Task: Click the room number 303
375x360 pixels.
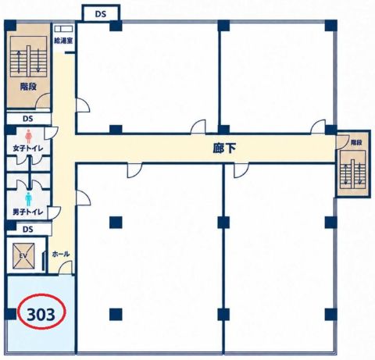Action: point(41,315)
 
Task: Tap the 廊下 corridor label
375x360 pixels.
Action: point(224,148)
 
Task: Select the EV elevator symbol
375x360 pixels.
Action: point(23,256)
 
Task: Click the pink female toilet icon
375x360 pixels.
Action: point(28,137)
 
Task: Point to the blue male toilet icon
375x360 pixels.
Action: point(28,199)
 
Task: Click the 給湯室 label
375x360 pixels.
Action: point(63,41)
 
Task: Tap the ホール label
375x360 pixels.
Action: point(61,254)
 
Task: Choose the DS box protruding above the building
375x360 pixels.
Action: point(101,14)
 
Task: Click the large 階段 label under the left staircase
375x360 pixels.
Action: point(28,87)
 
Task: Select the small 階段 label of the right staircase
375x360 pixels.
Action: point(356,143)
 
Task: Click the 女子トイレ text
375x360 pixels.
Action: point(28,148)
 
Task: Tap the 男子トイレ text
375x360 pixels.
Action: point(28,212)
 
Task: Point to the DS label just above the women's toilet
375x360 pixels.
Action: point(28,119)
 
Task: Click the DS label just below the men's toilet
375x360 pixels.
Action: point(28,230)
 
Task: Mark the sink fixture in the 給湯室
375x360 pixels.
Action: point(63,29)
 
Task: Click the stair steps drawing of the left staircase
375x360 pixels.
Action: point(28,57)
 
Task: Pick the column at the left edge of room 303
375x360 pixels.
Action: point(11,314)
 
